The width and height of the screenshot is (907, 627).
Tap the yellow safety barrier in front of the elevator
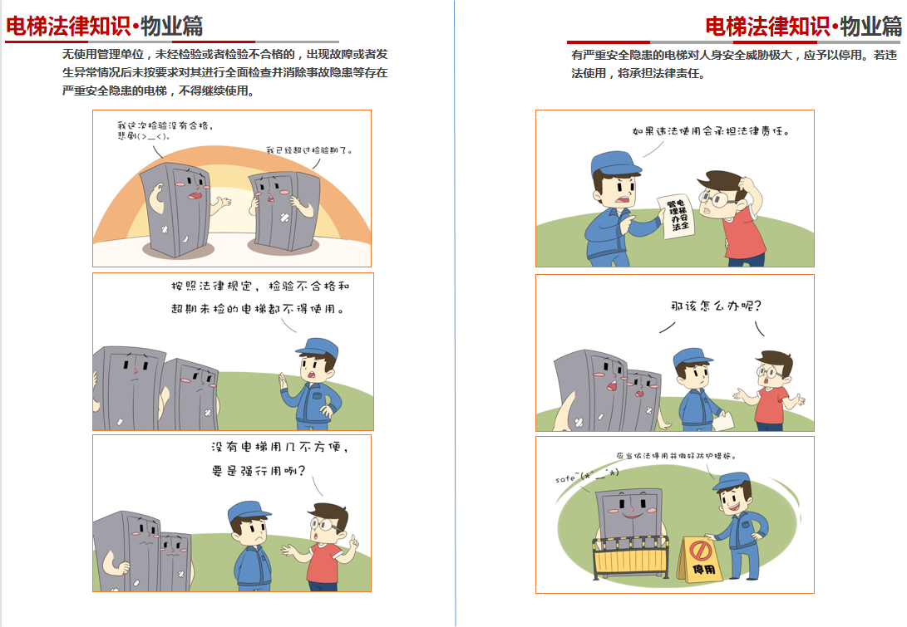630,557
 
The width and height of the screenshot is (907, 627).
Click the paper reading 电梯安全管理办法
677,217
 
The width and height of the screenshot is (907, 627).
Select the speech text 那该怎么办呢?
716,306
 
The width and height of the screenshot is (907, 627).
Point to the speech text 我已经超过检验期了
309,150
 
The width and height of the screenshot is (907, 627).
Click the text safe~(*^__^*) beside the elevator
587,476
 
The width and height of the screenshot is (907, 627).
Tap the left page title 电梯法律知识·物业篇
105,26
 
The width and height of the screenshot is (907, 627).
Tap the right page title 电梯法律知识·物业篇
803,26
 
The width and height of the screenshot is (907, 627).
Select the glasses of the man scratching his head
716,199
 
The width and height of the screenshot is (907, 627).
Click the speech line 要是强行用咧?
258,471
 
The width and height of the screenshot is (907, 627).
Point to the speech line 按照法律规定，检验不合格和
260,286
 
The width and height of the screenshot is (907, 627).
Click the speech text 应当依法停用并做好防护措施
676,456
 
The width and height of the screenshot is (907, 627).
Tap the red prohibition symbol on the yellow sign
701,550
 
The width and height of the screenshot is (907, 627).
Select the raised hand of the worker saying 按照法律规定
283,381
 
